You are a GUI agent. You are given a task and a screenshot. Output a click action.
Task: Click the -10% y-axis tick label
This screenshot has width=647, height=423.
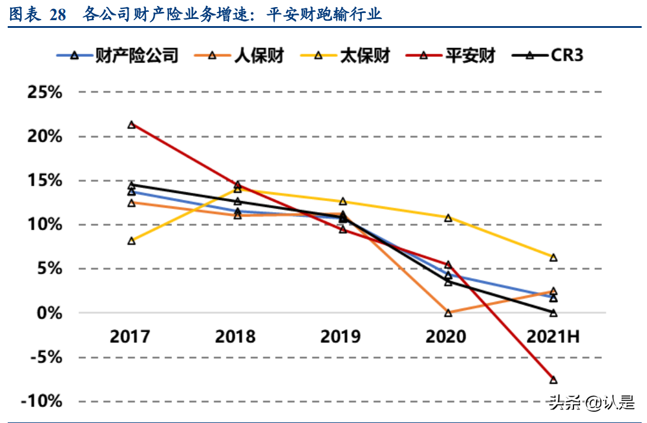coord(42,401)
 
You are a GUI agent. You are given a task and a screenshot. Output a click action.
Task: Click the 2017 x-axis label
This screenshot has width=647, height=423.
coord(130,336)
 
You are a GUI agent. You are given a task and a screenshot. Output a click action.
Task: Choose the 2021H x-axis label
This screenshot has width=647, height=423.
coord(553,336)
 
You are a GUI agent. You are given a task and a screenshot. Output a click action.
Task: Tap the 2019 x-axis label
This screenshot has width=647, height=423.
coord(341,336)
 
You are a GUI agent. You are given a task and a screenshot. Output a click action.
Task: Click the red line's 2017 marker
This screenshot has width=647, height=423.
coord(132,125)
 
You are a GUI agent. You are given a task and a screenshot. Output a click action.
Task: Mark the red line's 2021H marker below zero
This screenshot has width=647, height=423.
coord(553,380)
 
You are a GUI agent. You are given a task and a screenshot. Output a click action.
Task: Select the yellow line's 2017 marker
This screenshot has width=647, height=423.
coord(132,241)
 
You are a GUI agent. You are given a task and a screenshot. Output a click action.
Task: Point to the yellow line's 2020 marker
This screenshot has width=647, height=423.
coord(448,218)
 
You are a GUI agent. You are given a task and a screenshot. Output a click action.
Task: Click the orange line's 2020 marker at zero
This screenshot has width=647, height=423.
coord(448,313)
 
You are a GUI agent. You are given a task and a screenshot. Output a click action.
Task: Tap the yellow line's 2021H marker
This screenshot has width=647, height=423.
coord(553,257)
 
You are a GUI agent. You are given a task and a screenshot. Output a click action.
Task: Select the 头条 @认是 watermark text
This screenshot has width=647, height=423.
coord(591,403)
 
